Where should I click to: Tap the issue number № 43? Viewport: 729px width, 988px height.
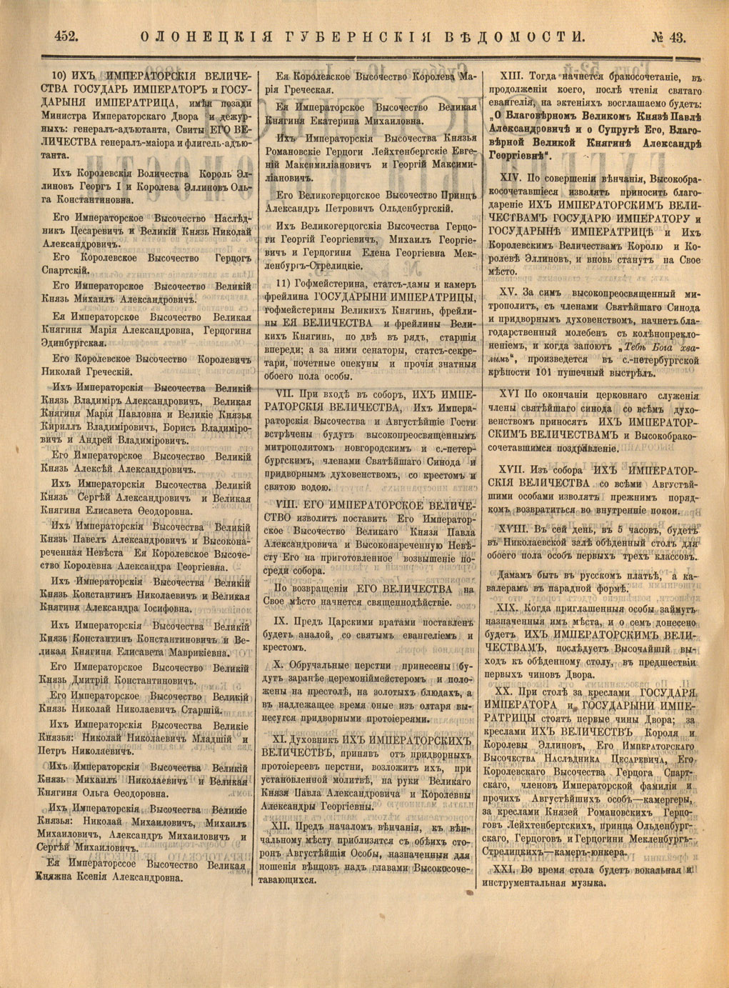tap(666, 36)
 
